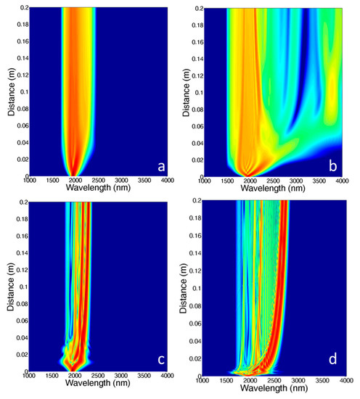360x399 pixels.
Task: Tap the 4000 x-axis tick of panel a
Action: point(165,181)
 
